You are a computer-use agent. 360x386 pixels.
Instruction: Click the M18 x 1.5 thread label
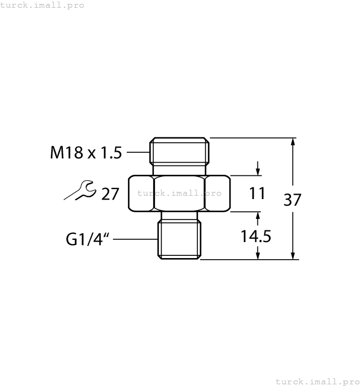86,153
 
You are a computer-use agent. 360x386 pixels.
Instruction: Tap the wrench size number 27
110,194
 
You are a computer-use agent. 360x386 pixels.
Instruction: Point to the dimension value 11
257,194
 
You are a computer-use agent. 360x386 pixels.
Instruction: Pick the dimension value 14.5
256,237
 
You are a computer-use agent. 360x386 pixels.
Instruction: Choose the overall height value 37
292,200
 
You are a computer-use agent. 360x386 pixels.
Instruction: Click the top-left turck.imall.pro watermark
42,5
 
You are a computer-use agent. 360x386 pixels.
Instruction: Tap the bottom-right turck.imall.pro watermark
317,381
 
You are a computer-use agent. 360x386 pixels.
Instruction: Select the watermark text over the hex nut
179,193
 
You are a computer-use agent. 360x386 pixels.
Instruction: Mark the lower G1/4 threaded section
179,240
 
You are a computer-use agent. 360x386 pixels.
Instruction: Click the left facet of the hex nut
141,193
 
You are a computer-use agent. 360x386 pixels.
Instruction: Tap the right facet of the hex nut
217,193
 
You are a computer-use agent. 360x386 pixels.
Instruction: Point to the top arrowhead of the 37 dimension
293,142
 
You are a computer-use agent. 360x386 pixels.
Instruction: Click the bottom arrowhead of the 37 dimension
293,255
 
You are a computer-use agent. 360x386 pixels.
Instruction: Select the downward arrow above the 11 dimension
257,169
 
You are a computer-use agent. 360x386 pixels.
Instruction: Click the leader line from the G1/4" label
135,239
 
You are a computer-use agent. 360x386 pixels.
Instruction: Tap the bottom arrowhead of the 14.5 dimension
257,255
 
